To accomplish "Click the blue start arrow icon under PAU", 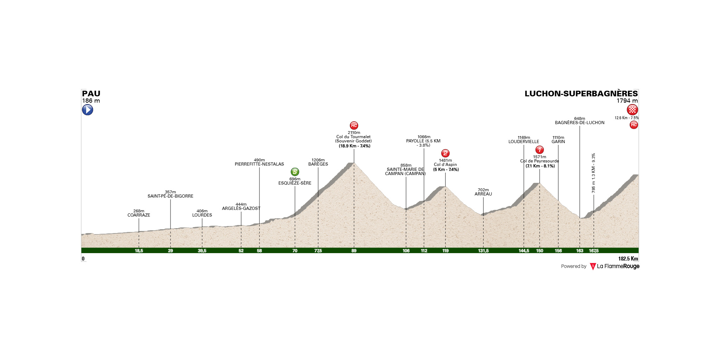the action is tap(88, 110).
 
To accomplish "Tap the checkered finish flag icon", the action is tap(632, 110).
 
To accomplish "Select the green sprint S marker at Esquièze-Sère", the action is tap(295, 172).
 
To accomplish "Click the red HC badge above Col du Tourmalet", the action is tap(354, 126).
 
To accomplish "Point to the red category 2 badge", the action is tap(445, 153).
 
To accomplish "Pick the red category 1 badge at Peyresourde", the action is tap(540, 150).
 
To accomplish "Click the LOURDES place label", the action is tap(202, 215).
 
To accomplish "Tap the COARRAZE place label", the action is tap(139, 215).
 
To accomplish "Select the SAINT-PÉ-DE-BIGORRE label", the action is tap(171, 196).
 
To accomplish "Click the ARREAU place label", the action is tap(483, 194).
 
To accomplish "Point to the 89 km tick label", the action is tap(354, 251).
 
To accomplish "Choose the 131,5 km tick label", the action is tap(483, 251).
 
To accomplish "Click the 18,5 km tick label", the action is tap(139, 251).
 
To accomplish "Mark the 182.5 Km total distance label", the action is tap(628, 259).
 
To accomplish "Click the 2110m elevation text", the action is tap(354, 133).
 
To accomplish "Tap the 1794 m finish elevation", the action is tap(627, 101).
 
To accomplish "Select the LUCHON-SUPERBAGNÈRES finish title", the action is tap(581, 94).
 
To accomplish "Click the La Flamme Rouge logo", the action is tap(615, 266).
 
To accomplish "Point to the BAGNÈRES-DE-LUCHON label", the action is tap(580, 123).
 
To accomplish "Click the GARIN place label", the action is tap(558, 142).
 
